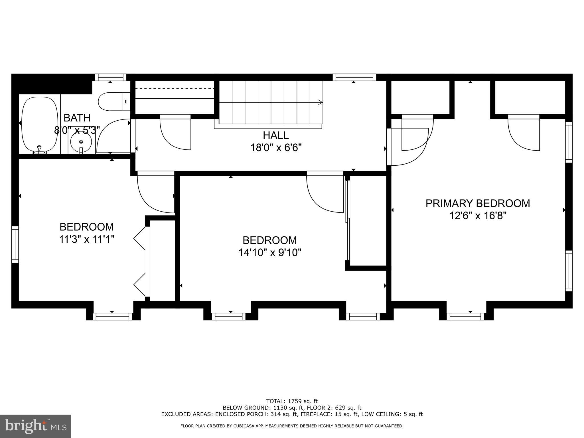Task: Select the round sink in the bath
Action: pos(81,141)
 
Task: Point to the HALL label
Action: pos(276,135)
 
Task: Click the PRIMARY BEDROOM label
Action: pos(478,203)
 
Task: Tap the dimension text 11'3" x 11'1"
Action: pos(87,239)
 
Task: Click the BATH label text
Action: pos(77,118)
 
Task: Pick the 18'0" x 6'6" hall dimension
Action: pos(276,148)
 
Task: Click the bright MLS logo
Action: pos(36,426)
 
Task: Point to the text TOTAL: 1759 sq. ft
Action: pos(292,401)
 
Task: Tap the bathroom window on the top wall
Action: pos(111,77)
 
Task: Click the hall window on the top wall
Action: pos(354,77)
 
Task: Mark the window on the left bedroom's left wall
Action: pos(15,245)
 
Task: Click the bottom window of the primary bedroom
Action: pos(465,316)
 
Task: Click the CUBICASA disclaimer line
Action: pos(292,426)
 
